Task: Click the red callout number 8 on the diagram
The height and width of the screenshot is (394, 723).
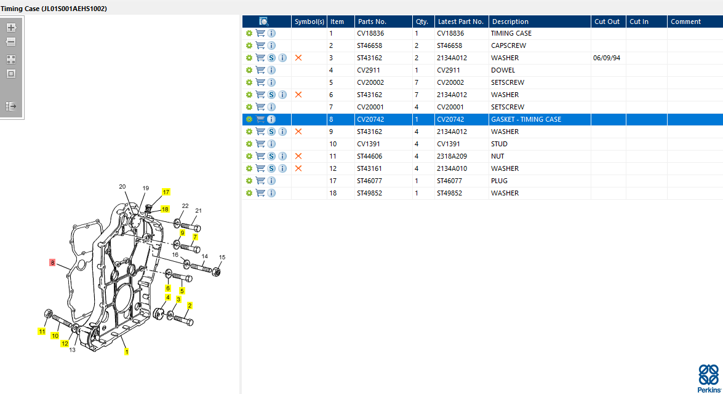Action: (x=53, y=262)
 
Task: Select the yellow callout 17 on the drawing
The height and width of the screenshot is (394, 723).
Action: (x=166, y=192)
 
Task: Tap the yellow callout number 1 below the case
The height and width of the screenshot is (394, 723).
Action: (x=127, y=352)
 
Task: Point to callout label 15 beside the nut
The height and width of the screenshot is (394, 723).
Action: (x=222, y=257)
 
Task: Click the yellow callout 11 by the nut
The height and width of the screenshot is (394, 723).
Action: (x=42, y=331)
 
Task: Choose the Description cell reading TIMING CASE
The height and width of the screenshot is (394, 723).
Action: (x=511, y=33)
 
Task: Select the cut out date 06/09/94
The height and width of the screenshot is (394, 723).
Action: (x=606, y=58)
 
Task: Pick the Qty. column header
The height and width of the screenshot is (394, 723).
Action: (x=421, y=22)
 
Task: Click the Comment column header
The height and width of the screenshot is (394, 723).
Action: (x=685, y=22)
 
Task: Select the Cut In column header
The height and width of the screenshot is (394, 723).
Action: (x=639, y=22)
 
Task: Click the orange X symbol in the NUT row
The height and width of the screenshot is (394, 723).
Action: (x=298, y=156)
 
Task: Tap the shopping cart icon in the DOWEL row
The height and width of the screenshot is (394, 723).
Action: (x=260, y=70)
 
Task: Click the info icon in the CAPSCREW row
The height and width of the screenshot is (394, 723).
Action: (x=271, y=45)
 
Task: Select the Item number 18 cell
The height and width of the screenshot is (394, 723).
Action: (x=334, y=193)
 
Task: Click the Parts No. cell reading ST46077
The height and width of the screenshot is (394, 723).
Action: (x=369, y=181)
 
